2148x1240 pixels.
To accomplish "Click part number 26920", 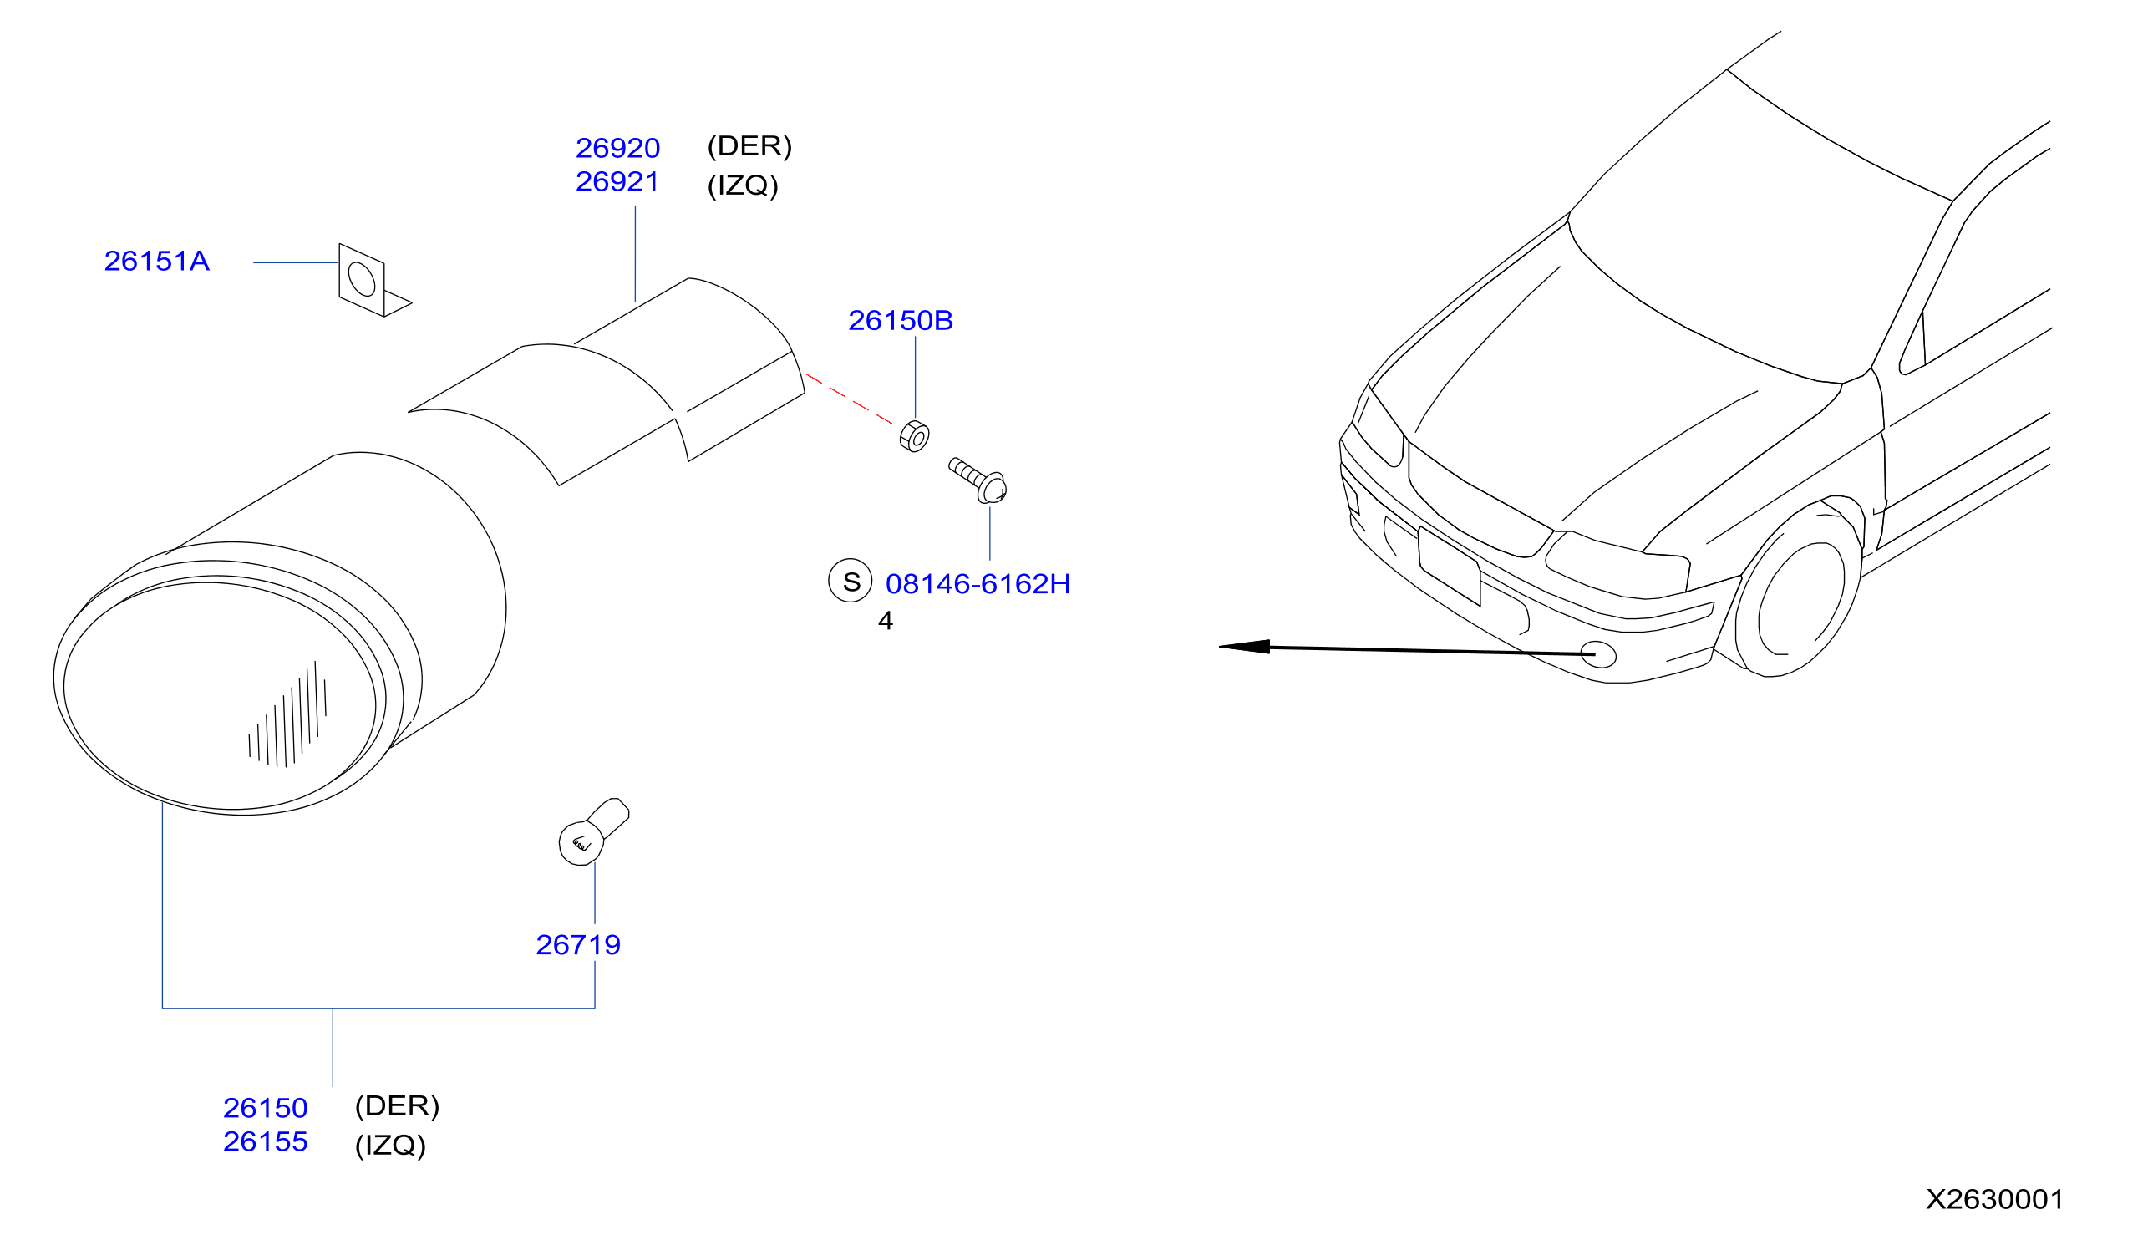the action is [x=617, y=148].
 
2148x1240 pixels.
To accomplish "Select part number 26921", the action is [x=617, y=181].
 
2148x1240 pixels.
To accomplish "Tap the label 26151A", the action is [x=157, y=261].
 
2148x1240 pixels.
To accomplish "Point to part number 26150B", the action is [x=900, y=320].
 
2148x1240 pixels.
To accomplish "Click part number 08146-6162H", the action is [x=978, y=584].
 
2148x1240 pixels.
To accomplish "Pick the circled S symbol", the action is [x=850, y=581].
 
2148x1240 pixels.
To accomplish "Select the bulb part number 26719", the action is [x=578, y=944].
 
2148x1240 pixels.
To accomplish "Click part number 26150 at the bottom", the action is [x=265, y=1108].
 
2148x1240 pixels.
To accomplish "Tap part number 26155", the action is [x=265, y=1141].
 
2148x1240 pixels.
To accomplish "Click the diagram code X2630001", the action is [x=1995, y=1199].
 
